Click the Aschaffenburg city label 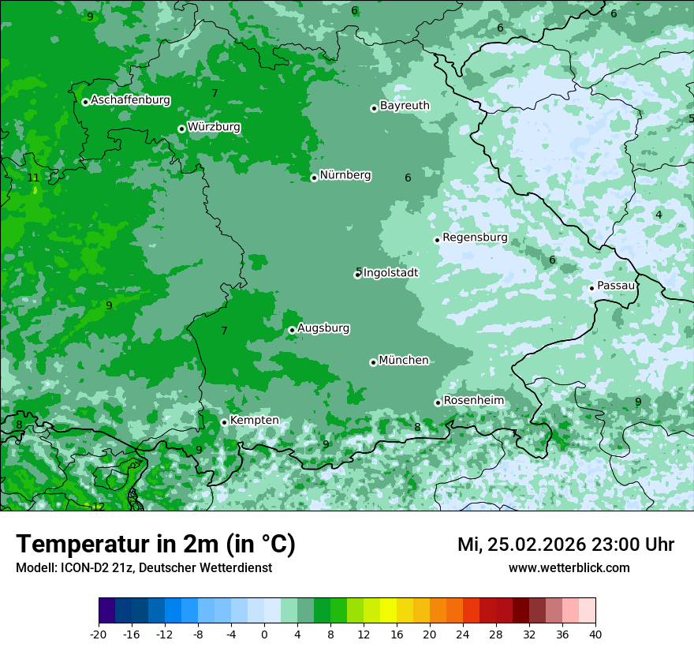[x=130, y=100]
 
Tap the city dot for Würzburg [x=181, y=129]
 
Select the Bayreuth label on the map [x=405, y=106]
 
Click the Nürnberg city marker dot [x=314, y=178]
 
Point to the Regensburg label [x=475, y=238]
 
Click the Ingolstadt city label [x=390, y=273]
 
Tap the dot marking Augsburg [x=292, y=330]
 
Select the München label [x=404, y=361]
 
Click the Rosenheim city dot [x=438, y=402]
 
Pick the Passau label [x=616, y=286]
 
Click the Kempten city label [x=254, y=421]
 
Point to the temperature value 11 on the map [x=33, y=178]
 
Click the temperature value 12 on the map [x=99, y=507]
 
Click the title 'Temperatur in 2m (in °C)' [x=155, y=545]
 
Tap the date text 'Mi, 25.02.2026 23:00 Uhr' [x=565, y=545]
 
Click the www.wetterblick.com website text [x=569, y=568]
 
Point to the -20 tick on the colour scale [x=99, y=634]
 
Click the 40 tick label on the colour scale [x=595, y=634]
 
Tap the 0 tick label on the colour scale [x=264, y=634]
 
